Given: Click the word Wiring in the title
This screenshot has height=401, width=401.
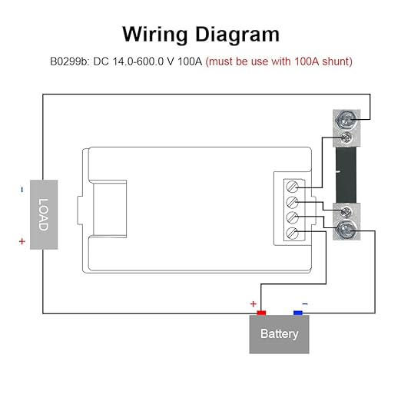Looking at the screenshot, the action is click(155, 35).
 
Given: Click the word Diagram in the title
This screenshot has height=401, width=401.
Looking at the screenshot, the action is click(237, 35).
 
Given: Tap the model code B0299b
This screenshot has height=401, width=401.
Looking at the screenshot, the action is click(69, 61).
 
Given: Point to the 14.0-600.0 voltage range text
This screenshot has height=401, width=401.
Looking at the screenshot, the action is click(138, 61).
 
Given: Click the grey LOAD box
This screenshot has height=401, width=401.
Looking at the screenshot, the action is click(44, 214).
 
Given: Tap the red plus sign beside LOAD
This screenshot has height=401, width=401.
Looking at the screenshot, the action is click(22, 241).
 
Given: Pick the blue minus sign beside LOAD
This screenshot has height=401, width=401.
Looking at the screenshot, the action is click(22, 190).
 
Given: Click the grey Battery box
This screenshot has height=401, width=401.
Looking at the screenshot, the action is click(279, 334).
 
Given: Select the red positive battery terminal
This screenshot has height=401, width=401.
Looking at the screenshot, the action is click(261, 313).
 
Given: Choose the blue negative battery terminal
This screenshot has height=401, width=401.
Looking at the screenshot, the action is click(298, 313).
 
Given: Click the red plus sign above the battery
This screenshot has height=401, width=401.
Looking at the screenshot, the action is click(254, 304).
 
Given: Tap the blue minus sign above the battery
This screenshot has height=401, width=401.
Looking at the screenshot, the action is click(305, 304).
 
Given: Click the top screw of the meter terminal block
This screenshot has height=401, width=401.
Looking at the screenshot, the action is click(292, 187).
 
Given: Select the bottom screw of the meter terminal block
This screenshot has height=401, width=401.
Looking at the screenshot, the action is click(292, 233).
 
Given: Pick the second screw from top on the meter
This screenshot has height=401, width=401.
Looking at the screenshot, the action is click(292, 202).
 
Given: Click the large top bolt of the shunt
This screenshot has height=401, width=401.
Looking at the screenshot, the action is click(346, 120).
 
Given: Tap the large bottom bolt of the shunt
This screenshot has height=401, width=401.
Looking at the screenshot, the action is click(346, 230).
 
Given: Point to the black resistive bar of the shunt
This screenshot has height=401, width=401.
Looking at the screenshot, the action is click(346, 175).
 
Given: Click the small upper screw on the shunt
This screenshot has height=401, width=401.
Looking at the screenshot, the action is click(346, 138).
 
